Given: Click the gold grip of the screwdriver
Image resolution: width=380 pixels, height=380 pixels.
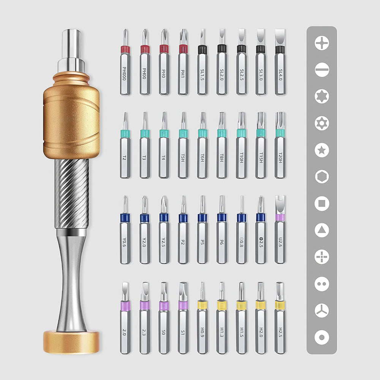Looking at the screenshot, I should (x=71, y=122).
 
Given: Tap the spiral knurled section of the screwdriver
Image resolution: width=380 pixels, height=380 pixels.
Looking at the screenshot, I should (x=71, y=194).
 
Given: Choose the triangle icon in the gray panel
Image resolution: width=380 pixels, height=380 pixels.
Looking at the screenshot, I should (x=322, y=230).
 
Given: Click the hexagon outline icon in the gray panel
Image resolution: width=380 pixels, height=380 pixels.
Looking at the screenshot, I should (x=322, y=176).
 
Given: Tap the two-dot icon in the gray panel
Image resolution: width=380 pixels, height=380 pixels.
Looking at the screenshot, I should (x=322, y=283).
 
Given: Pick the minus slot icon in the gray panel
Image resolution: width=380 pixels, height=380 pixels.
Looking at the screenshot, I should (x=322, y=70).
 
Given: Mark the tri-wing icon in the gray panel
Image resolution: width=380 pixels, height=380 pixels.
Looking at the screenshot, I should (x=322, y=310).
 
